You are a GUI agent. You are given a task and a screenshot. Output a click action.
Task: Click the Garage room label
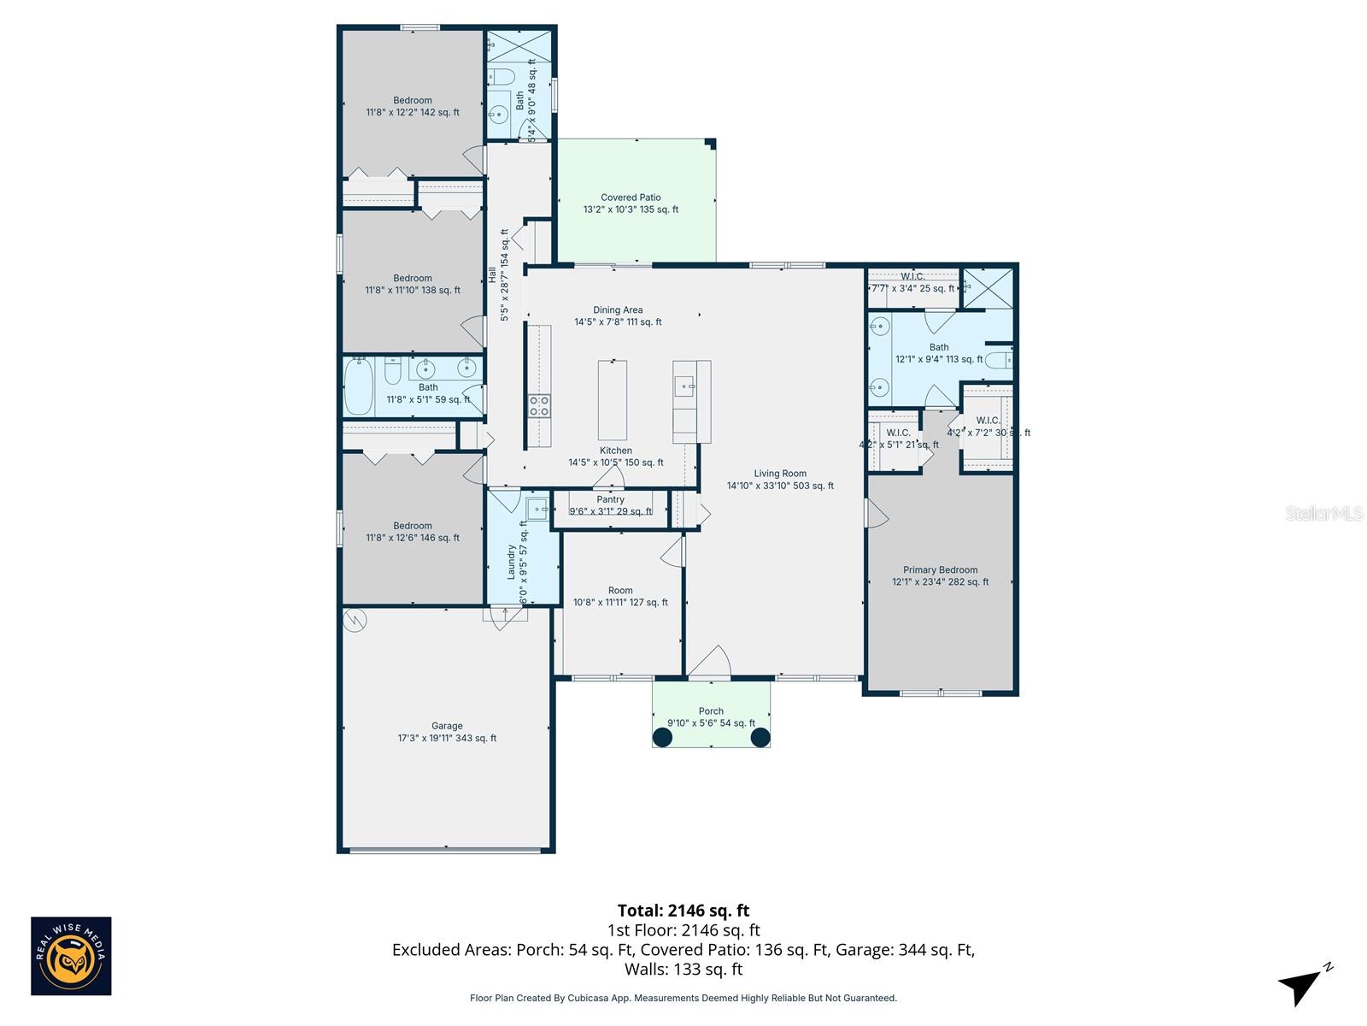click(446, 732)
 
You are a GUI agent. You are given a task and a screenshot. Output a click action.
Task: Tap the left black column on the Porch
click(663, 737)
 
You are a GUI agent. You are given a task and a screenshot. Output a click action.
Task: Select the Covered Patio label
click(631, 203)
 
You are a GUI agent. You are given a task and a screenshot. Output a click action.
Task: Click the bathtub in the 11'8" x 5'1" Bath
click(359, 386)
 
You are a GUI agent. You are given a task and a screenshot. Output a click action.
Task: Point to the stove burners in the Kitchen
click(539, 406)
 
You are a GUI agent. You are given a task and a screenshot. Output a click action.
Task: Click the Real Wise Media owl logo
click(71, 956)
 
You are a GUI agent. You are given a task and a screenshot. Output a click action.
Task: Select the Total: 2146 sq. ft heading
click(683, 911)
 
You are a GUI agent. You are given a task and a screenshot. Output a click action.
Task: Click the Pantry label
click(610, 505)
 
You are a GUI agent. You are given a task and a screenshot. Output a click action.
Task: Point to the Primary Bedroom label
click(940, 575)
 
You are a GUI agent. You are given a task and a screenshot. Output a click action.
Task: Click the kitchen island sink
click(684, 386)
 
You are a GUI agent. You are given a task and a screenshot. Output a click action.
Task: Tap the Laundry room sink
click(537, 509)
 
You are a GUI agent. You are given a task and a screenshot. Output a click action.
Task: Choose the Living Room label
click(779, 479)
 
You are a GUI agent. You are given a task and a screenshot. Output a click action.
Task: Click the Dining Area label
click(618, 315)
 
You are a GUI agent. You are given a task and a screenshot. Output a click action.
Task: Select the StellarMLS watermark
click(1324, 513)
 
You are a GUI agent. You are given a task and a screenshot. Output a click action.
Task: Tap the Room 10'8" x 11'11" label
click(620, 596)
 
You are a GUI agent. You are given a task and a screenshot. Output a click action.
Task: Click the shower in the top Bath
click(519, 48)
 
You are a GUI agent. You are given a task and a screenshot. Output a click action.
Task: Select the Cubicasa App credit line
click(683, 998)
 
